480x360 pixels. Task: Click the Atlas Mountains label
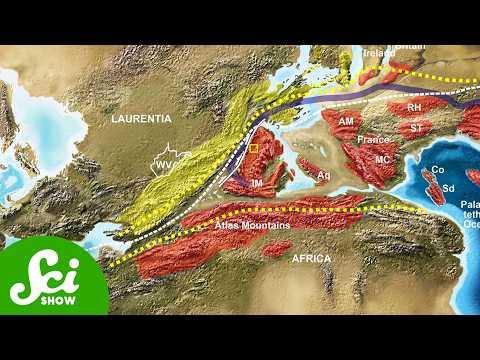252,226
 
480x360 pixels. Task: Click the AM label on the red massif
347,121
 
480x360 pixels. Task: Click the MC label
381,159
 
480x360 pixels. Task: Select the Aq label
323,175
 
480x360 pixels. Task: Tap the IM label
256,184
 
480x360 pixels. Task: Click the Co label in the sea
437,170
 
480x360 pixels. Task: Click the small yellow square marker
253,149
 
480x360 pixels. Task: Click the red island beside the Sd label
431,183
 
